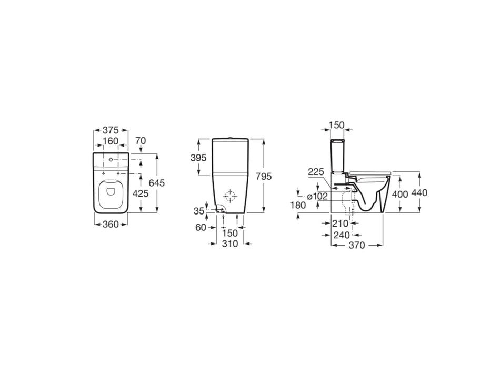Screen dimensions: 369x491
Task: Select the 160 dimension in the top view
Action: click(x=111, y=141)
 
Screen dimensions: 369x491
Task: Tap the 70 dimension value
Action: click(x=140, y=141)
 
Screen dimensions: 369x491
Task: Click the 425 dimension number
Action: click(x=140, y=193)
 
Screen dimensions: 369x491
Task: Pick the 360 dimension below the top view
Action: click(x=111, y=224)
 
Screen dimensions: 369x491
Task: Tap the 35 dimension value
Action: click(x=198, y=211)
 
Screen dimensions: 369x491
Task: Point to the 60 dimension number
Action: click(x=201, y=228)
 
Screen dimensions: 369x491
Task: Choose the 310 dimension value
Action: click(x=230, y=244)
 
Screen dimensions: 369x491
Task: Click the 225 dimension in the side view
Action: click(x=315, y=171)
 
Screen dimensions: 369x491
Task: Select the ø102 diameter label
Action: click(x=318, y=196)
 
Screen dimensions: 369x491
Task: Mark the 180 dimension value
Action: click(x=298, y=205)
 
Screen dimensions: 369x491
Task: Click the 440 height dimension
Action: click(x=420, y=193)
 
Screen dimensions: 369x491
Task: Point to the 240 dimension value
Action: click(x=342, y=235)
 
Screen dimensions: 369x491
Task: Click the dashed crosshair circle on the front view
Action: click(x=230, y=197)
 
